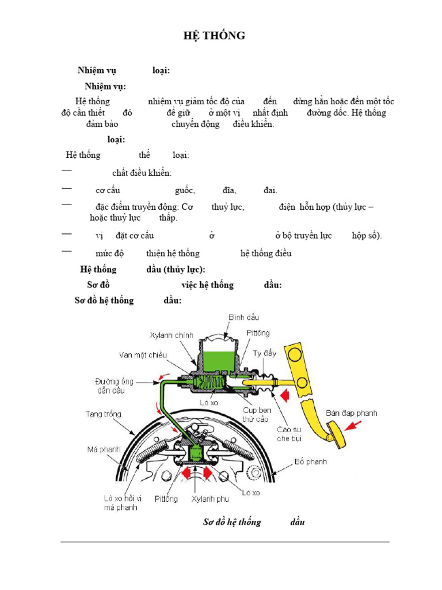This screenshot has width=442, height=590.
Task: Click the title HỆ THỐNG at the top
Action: pos(214,36)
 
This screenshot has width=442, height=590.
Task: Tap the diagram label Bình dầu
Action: pos(243,317)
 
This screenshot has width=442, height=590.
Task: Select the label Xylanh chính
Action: pos(172,335)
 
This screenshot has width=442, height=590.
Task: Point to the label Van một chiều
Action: pos(143,355)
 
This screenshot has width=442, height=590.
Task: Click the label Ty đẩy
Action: pos(265,353)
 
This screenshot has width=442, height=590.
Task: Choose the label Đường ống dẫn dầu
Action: pos(115,385)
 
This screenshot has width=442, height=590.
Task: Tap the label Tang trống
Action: pos(104,414)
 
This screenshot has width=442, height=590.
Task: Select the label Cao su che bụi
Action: pos(289,434)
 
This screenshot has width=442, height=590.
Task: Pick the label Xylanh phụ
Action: pos(210,499)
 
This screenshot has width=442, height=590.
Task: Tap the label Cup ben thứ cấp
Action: pos(257,415)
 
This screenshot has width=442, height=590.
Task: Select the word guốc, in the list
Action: pos(185,191)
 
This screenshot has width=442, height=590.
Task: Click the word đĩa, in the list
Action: pos(231,191)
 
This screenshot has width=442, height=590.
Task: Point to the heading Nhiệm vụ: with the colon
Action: pos(105,87)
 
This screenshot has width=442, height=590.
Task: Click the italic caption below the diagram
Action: pos(254,522)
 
